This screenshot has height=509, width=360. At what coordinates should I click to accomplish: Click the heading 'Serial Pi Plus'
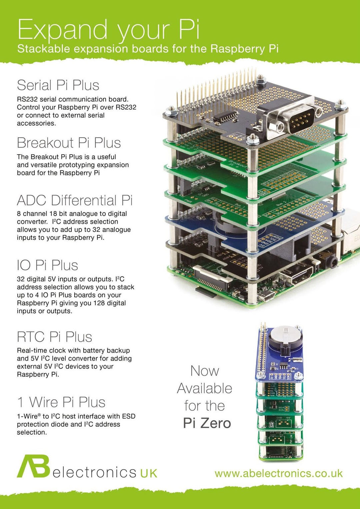click(x=58, y=85)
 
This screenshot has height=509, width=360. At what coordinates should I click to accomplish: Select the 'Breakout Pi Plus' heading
click(x=69, y=143)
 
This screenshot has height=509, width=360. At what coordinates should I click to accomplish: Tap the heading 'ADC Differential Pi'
click(x=75, y=201)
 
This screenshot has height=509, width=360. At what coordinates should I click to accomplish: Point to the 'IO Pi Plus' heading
click(x=47, y=265)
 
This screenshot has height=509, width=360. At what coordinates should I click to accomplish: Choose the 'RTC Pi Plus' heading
click(x=54, y=337)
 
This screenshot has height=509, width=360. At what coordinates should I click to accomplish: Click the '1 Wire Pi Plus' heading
click(x=61, y=402)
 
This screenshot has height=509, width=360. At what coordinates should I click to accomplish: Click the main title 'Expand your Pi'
click(x=108, y=30)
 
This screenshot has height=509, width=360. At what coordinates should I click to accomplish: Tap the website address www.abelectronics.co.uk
click(x=279, y=473)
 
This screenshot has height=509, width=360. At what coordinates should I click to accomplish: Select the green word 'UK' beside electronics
click(x=148, y=473)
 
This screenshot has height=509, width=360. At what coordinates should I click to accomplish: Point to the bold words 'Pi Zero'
click(x=207, y=423)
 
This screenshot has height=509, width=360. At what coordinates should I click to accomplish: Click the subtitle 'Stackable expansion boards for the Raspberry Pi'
click(x=148, y=49)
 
